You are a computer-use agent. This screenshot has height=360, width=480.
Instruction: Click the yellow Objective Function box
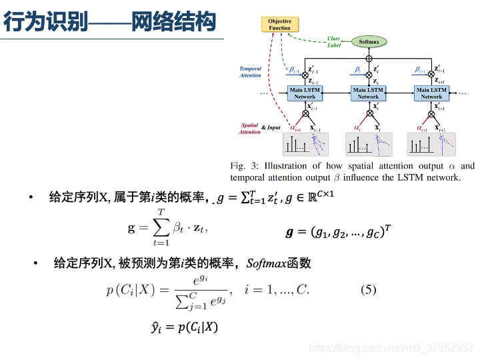[279, 25]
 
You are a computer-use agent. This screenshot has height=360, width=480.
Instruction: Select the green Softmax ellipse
[369, 41]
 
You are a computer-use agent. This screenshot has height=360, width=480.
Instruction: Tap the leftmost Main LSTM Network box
[305, 93]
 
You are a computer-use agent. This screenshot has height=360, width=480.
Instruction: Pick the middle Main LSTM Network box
[368, 93]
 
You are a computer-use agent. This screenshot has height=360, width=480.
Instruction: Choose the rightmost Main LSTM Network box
[431, 93]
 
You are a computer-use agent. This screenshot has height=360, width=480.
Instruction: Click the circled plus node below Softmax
[369, 59]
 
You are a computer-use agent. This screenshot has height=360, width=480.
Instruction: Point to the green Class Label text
[334, 42]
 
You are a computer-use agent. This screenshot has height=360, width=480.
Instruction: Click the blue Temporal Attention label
[251, 72]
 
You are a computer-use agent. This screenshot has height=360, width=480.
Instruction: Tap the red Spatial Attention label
[250, 129]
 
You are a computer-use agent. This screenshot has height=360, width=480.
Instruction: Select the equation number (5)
[369, 289]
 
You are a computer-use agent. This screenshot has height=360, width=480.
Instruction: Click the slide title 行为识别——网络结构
[110, 23]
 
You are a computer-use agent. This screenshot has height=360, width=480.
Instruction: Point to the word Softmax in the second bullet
[265, 263]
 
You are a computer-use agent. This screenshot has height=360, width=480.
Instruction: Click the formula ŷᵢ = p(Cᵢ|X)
[185, 327]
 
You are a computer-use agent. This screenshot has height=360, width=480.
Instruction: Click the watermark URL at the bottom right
[393, 348]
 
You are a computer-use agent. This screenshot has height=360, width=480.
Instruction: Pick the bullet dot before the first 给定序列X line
[31, 197]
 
